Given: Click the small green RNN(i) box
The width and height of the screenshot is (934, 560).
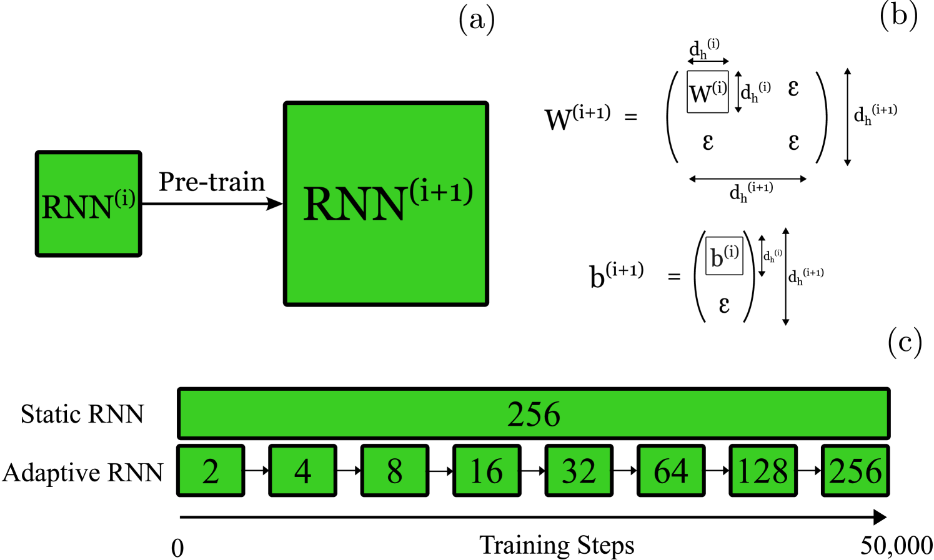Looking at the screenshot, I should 88,204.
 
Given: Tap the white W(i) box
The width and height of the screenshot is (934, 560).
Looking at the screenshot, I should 707,92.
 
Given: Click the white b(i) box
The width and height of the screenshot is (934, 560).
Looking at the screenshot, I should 724,255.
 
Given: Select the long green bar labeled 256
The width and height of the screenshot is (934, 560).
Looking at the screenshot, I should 533,413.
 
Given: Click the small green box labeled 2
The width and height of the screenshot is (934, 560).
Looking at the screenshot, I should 211,470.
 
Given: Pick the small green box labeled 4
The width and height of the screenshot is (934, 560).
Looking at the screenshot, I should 302,470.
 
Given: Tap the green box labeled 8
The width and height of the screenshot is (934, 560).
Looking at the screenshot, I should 394,470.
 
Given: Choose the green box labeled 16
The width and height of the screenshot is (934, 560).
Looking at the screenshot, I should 487,470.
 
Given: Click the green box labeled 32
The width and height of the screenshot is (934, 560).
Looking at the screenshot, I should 579,470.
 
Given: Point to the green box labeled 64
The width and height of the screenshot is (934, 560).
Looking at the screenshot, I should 671,470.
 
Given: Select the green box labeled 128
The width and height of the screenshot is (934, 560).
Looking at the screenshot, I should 763,470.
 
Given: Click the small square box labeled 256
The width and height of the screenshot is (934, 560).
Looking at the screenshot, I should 855,470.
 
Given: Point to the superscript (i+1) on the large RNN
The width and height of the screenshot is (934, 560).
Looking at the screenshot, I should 441,191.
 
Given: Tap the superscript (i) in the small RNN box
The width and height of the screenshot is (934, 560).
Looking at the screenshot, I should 125,199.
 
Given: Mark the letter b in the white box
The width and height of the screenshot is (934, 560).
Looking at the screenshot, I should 717,257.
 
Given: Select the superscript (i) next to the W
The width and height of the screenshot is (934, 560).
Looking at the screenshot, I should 719,87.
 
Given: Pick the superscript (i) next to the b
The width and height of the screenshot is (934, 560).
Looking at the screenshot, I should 732,252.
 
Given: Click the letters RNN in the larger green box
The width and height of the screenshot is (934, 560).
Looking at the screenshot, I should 354,204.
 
